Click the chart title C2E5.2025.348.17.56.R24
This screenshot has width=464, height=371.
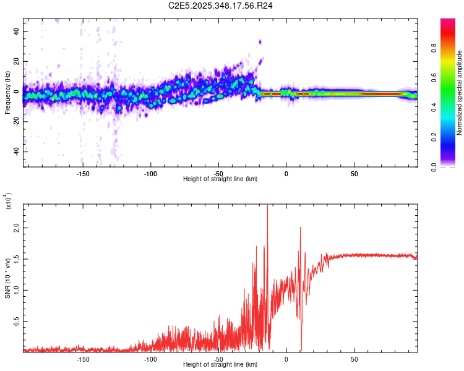(x=221, y=6)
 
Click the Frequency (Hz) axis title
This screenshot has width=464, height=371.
(x=7, y=93)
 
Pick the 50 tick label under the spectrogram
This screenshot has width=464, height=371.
(x=354, y=174)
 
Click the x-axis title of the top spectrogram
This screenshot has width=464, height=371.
(x=220, y=179)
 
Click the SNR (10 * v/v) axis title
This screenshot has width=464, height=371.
(x=7, y=275)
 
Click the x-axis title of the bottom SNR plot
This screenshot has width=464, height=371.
(x=220, y=365)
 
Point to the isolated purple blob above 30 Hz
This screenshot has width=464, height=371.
(x=260, y=42)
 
